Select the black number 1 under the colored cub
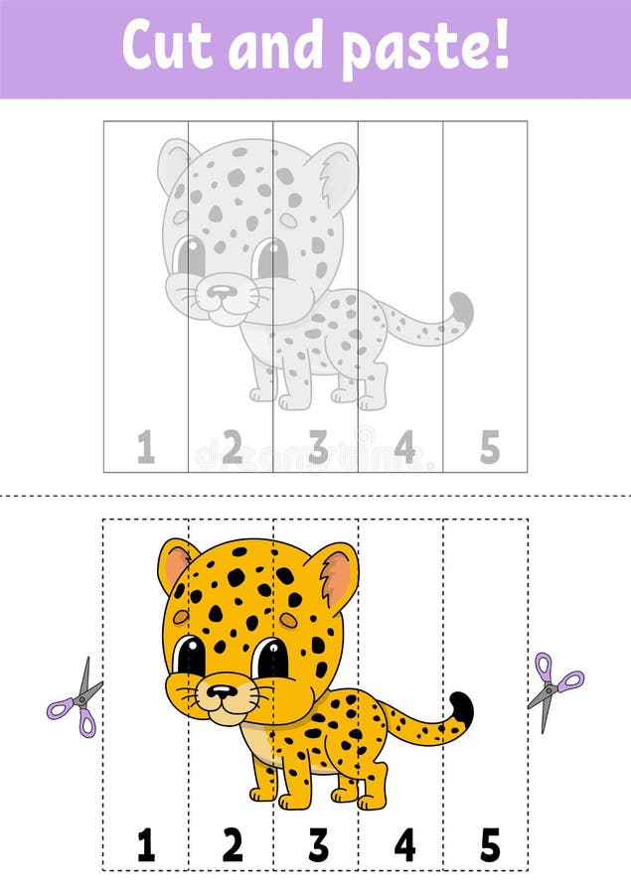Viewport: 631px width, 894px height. pyautogui.click(x=146, y=844)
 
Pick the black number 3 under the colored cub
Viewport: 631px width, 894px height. pyautogui.click(x=318, y=844)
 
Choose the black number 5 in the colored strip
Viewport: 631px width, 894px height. pyautogui.click(x=490, y=844)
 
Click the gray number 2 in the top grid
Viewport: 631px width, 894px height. pyautogui.click(x=232, y=448)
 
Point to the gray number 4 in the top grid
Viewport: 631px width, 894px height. pyautogui.click(x=404, y=448)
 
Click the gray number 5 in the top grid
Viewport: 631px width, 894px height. pyautogui.click(x=490, y=448)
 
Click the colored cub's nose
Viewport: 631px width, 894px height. pyautogui.click(x=223, y=690)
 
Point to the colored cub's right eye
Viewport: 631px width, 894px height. pyautogui.click(x=269, y=658)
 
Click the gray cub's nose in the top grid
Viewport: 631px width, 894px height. pyautogui.click(x=223, y=292)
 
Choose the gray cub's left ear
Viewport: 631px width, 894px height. pyautogui.click(x=176, y=164)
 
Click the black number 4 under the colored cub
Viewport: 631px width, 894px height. pyautogui.click(x=404, y=844)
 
